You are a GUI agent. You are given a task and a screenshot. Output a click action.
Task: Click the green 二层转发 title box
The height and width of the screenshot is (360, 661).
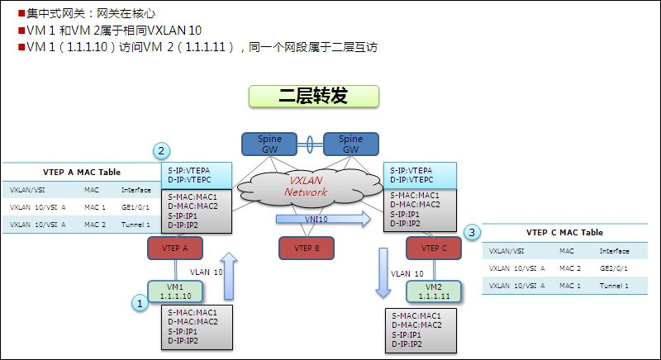[x=313, y=96]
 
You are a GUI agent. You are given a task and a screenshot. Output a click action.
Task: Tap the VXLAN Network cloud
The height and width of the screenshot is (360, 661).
[x=307, y=186]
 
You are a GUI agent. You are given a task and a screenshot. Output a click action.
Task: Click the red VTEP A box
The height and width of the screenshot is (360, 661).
[x=174, y=248]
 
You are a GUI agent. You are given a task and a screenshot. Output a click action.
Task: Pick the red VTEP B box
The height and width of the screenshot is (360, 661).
[x=306, y=248]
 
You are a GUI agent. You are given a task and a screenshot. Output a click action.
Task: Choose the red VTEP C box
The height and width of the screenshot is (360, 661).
[x=434, y=248]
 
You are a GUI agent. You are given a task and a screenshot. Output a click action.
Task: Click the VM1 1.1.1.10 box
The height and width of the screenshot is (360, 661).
[x=174, y=291]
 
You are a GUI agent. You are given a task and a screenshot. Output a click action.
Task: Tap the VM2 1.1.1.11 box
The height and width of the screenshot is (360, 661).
[x=433, y=291]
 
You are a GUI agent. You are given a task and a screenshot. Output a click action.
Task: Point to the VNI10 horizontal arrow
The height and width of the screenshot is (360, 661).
[x=323, y=219]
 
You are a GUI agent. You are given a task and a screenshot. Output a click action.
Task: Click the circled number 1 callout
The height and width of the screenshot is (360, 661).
[x=140, y=303]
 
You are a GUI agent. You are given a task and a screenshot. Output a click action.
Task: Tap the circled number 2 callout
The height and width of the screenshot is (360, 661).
[x=162, y=151]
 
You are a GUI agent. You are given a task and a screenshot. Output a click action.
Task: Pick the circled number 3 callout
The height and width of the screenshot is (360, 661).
[x=472, y=233]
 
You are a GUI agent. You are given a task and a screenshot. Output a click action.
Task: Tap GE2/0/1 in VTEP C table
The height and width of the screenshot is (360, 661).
[x=616, y=268]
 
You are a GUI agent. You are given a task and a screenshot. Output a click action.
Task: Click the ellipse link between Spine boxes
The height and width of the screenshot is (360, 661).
[x=311, y=144]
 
